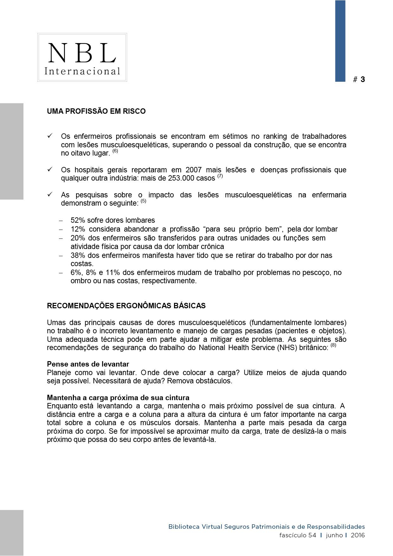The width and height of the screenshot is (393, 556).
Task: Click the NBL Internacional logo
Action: click(x=82, y=57)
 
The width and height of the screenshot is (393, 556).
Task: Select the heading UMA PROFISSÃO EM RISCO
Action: click(x=96, y=111)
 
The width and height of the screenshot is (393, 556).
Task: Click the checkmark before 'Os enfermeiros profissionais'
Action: click(x=50, y=136)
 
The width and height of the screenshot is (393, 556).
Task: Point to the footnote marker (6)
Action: click(x=115, y=151)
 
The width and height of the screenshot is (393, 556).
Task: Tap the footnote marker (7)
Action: click(x=220, y=176)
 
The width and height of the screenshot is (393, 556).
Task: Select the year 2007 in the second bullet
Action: click(x=193, y=170)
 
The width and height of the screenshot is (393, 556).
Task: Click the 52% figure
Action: click(x=78, y=220)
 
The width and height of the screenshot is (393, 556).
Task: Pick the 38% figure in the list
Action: click(x=78, y=255)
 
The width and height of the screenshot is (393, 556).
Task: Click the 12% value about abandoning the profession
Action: click(x=78, y=229)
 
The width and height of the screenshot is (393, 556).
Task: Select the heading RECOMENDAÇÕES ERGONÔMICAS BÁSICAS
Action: click(x=126, y=306)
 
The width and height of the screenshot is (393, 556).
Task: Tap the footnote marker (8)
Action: click(x=333, y=346)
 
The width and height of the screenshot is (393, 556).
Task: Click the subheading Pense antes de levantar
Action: click(x=88, y=364)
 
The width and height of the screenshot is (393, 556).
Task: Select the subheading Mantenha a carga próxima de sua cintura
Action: click(x=118, y=398)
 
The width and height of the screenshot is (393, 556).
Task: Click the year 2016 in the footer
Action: click(x=358, y=535)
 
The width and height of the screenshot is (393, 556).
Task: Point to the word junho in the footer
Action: click(x=334, y=535)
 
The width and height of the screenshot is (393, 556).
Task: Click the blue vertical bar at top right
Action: click(x=340, y=41)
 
